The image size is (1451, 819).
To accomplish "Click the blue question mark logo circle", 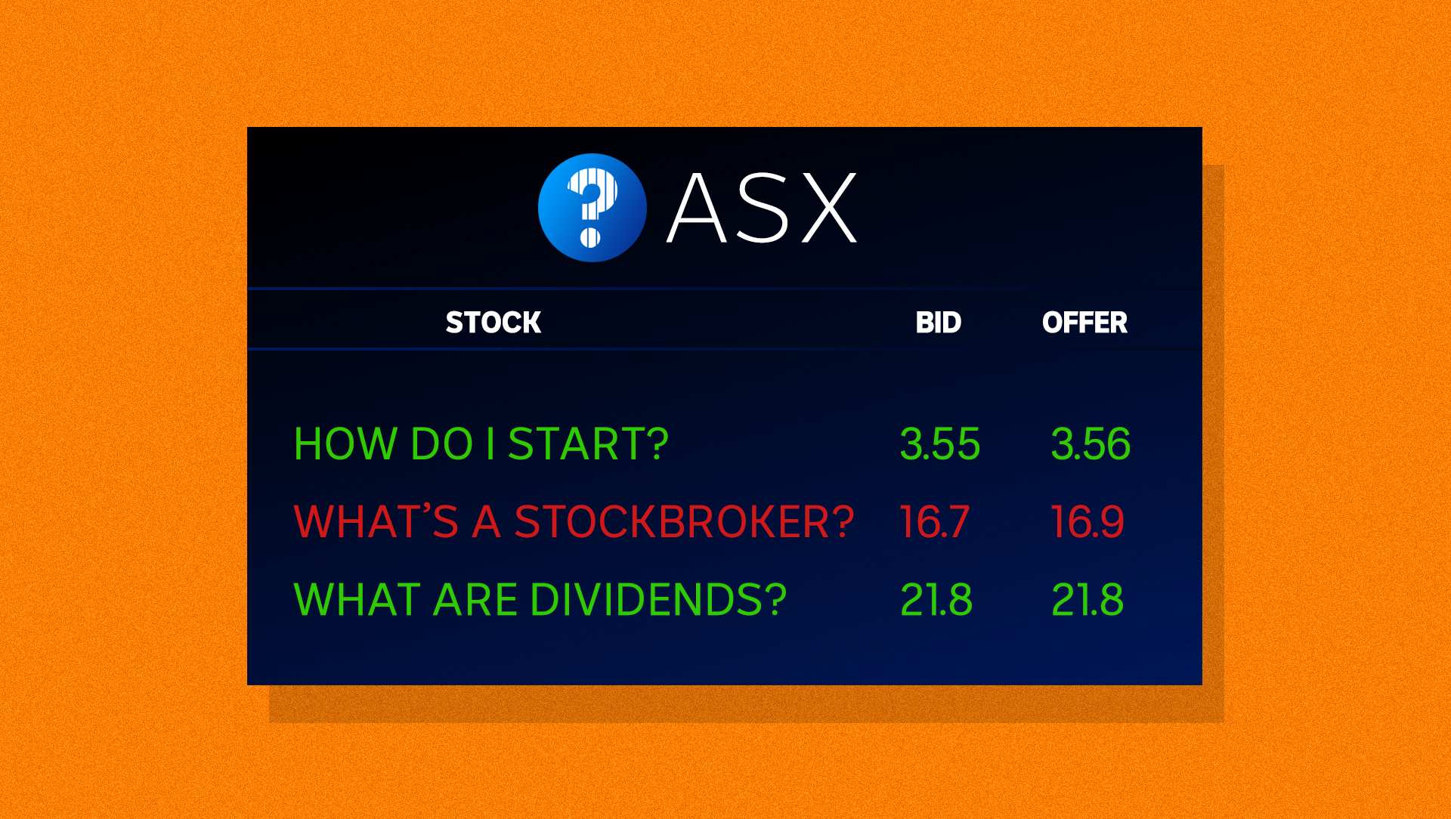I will point(592,208).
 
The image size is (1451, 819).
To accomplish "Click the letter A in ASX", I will point(697,208).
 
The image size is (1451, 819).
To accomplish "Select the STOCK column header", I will point(493,323).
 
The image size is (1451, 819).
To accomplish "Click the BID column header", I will point(938,323).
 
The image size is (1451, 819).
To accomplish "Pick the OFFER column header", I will point(1084,323).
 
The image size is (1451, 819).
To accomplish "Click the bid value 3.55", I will point(939,443).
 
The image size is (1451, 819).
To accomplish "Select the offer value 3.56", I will point(1091,443).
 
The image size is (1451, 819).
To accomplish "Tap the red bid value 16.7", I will point(934,521).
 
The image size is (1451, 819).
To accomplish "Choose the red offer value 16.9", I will point(1087,521).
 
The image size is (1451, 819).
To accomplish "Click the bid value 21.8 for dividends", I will point(936,600).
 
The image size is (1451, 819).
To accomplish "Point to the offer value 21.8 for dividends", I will point(1087,600).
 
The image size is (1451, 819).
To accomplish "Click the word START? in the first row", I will point(588,443).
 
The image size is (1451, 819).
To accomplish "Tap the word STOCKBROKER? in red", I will point(684,521).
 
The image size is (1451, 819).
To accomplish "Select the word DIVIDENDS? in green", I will point(658,600).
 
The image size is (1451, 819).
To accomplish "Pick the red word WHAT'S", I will point(376,521).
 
